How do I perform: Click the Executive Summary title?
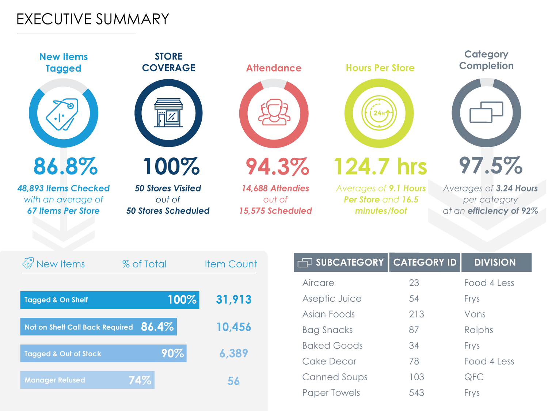(93, 19)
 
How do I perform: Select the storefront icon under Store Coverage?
(168, 113)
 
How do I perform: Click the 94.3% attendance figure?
(277, 167)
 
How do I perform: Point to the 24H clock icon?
(379, 113)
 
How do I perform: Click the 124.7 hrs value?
(380, 167)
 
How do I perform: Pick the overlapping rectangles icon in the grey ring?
(486, 112)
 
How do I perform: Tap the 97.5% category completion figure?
(491, 165)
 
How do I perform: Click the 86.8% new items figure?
(66, 167)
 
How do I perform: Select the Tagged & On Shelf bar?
(110, 300)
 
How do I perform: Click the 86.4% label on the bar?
(157, 327)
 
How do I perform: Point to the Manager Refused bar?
(87, 380)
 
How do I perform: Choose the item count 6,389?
(233, 353)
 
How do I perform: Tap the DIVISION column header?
(495, 262)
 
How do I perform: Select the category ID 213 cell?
(416, 314)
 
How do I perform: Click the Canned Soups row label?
(335, 377)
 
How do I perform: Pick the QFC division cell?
(474, 377)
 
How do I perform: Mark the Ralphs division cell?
(479, 330)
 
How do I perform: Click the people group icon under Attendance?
(274, 113)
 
